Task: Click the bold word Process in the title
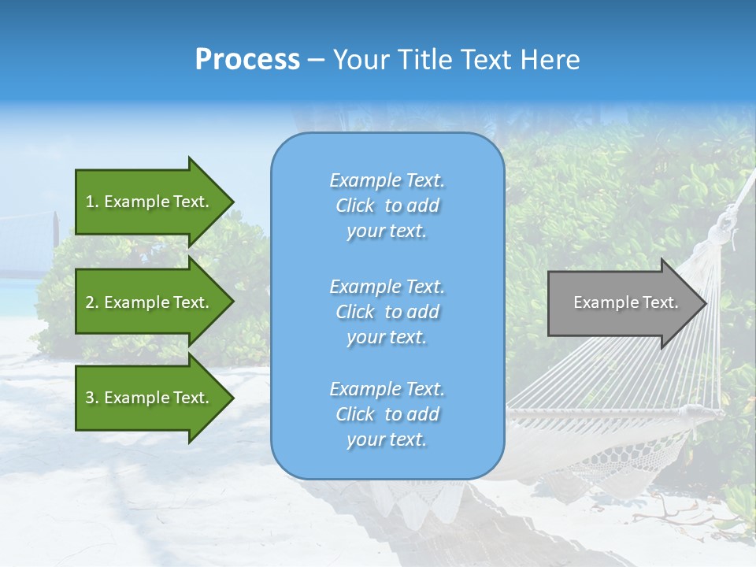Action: tap(247, 59)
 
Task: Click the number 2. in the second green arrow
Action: tap(91, 302)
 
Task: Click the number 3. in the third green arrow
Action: tap(91, 398)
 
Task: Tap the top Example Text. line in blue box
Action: tap(387, 180)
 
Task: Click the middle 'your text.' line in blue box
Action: tap(387, 337)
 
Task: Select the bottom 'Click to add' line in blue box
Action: tap(387, 414)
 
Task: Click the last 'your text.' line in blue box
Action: tap(387, 439)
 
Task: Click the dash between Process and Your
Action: tap(316, 60)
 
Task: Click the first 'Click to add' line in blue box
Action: tap(387, 206)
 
